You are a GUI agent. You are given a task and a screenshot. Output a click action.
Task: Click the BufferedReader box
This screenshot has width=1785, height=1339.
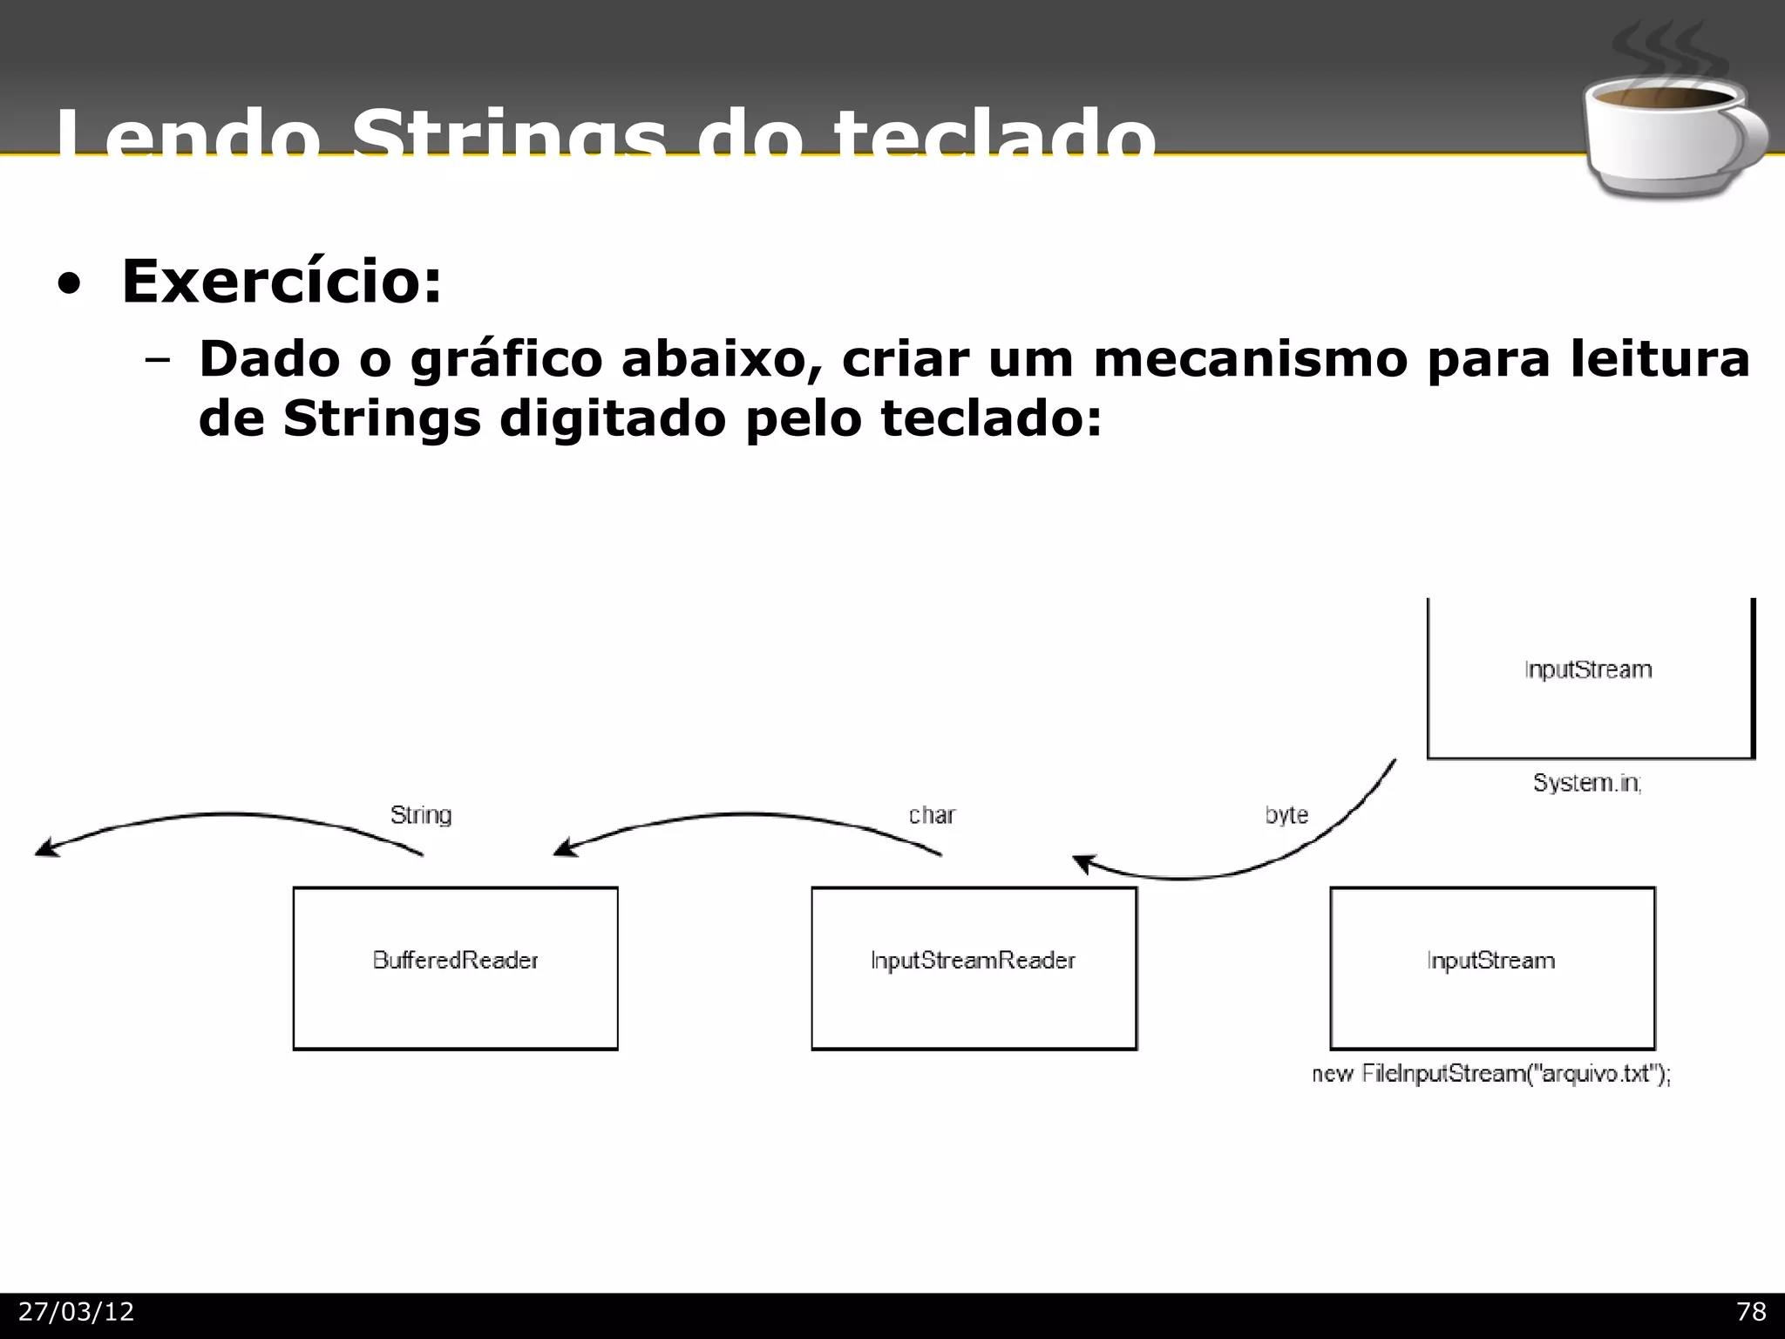pos(455,968)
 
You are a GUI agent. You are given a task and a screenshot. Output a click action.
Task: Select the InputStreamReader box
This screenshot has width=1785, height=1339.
pos(974,968)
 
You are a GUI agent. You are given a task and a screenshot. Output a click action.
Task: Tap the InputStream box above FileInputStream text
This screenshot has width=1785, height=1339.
pos(1491,968)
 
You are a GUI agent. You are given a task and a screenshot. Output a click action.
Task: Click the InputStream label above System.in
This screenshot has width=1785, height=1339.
pos(1588,669)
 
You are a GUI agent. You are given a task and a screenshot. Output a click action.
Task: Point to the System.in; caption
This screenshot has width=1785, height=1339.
pos(1587,783)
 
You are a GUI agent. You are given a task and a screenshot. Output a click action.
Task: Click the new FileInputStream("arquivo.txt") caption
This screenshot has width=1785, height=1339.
pos(1491,1074)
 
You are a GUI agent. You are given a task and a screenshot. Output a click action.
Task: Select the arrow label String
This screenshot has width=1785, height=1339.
pos(421,815)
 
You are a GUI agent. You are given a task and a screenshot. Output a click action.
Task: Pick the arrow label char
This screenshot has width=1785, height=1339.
pos(932,815)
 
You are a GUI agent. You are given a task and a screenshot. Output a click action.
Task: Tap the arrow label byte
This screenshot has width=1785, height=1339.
pos(1286,815)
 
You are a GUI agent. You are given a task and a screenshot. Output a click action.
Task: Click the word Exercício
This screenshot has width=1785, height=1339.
pos(281,282)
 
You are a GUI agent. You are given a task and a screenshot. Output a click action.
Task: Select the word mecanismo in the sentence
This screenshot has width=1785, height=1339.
pos(1250,359)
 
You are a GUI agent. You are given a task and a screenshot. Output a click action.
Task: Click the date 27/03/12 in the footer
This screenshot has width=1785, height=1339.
pos(77,1312)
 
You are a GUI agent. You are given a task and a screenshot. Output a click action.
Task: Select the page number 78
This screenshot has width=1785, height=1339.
pos(1751,1312)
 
